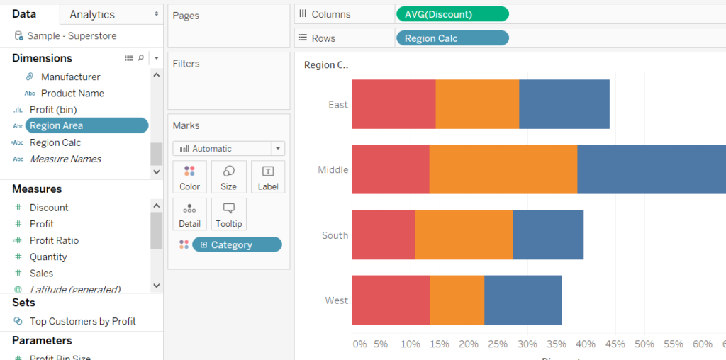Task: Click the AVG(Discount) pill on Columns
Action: [x=452, y=14]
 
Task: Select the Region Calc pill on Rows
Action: [x=452, y=38]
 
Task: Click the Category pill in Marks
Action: [x=237, y=244]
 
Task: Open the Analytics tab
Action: [x=92, y=14]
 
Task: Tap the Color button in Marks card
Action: [x=189, y=177]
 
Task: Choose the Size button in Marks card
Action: [x=228, y=177]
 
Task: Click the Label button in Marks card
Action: [x=268, y=177]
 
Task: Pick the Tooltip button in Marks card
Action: [x=228, y=214]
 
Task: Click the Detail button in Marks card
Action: [x=189, y=214]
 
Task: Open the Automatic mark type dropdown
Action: [x=228, y=149]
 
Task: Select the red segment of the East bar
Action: [x=393, y=104]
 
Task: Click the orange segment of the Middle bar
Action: [x=503, y=169]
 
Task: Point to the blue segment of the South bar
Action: [x=548, y=235]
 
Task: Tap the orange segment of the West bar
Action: [x=457, y=300]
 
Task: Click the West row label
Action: [x=337, y=300]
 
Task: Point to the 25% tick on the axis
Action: [x=498, y=344]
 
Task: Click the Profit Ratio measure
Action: [x=54, y=240]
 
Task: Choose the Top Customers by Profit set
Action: [x=82, y=321]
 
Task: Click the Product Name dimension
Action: [x=72, y=93]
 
